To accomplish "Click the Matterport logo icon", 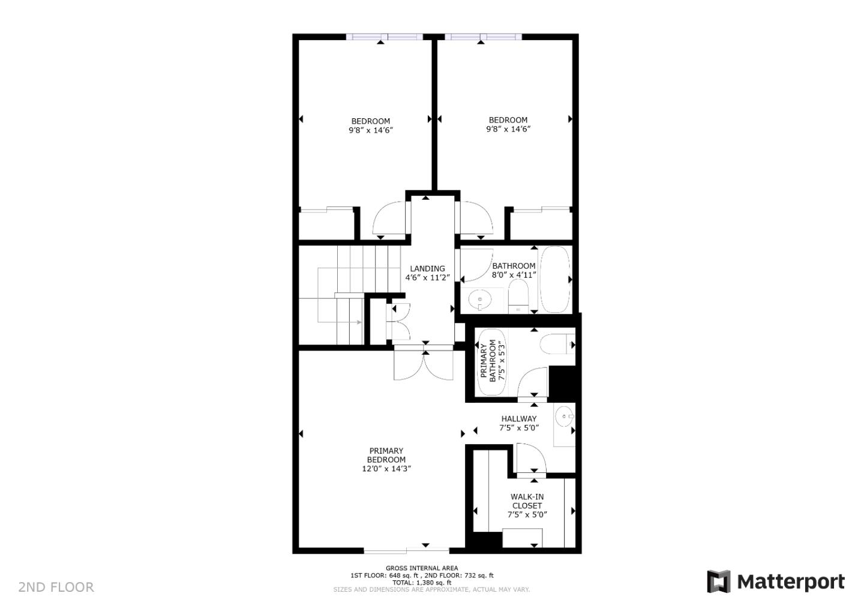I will pos(718,582).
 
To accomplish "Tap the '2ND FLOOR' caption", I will pos(56,587).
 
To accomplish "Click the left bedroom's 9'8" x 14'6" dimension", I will pos(370,130).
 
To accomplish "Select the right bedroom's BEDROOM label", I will pos(508,120).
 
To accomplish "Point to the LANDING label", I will pos(427,268).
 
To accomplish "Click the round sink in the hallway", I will pos(564,416).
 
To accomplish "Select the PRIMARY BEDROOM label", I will pos(386,455).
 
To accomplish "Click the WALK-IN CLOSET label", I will pos(527,501).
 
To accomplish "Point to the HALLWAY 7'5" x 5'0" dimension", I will pos(519,428).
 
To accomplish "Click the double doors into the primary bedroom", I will pos(425,364).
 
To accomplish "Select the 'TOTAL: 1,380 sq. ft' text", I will pos(422,582).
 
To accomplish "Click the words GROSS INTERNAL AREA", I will pos(422,568).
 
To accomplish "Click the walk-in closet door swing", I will pos(529,459).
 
